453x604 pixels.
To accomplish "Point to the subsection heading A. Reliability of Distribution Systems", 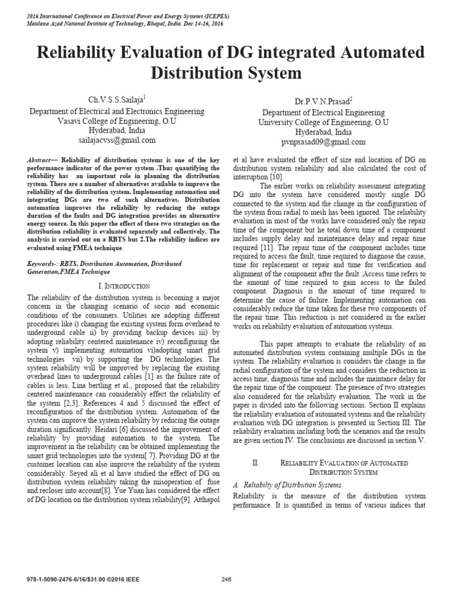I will point(288,485).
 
